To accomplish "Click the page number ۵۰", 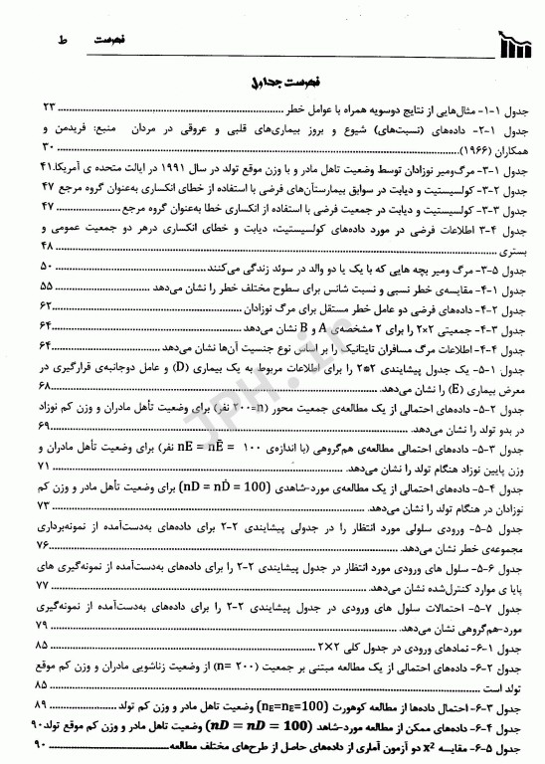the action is pos(46,266).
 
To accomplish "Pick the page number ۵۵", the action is pos(46,286).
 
